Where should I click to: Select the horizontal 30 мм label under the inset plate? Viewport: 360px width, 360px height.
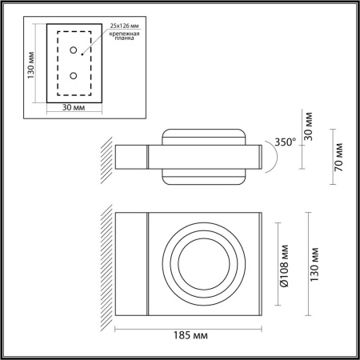click(x=74, y=107)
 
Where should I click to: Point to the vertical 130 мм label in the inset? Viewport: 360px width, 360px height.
click(x=31, y=65)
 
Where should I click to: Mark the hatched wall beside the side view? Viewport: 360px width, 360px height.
click(x=107, y=158)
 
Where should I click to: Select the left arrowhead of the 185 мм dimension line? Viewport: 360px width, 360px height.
click(x=118, y=327)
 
